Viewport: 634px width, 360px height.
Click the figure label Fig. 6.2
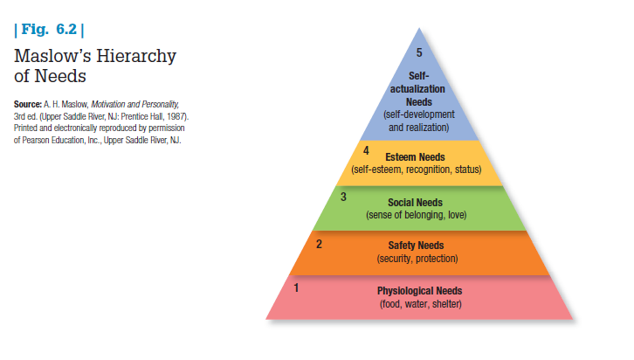click(48, 33)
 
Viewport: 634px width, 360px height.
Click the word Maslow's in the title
click(53, 58)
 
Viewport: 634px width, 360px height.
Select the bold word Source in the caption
click(30, 103)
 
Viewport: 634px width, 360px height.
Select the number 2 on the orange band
click(320, 243)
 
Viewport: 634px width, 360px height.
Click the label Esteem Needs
click(416, 156)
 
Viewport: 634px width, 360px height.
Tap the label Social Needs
click(416, 202)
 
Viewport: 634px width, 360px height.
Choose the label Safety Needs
click(417, 246)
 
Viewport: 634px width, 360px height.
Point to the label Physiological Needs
click(419, 291)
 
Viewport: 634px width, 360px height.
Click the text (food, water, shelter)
click(419, 304)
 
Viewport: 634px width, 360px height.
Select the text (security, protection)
click(417, 260)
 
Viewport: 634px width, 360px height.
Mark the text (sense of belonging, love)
click(416, 215)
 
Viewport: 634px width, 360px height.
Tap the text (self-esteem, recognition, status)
click(416, 169)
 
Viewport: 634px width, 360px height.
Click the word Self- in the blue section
click(419, 77)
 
